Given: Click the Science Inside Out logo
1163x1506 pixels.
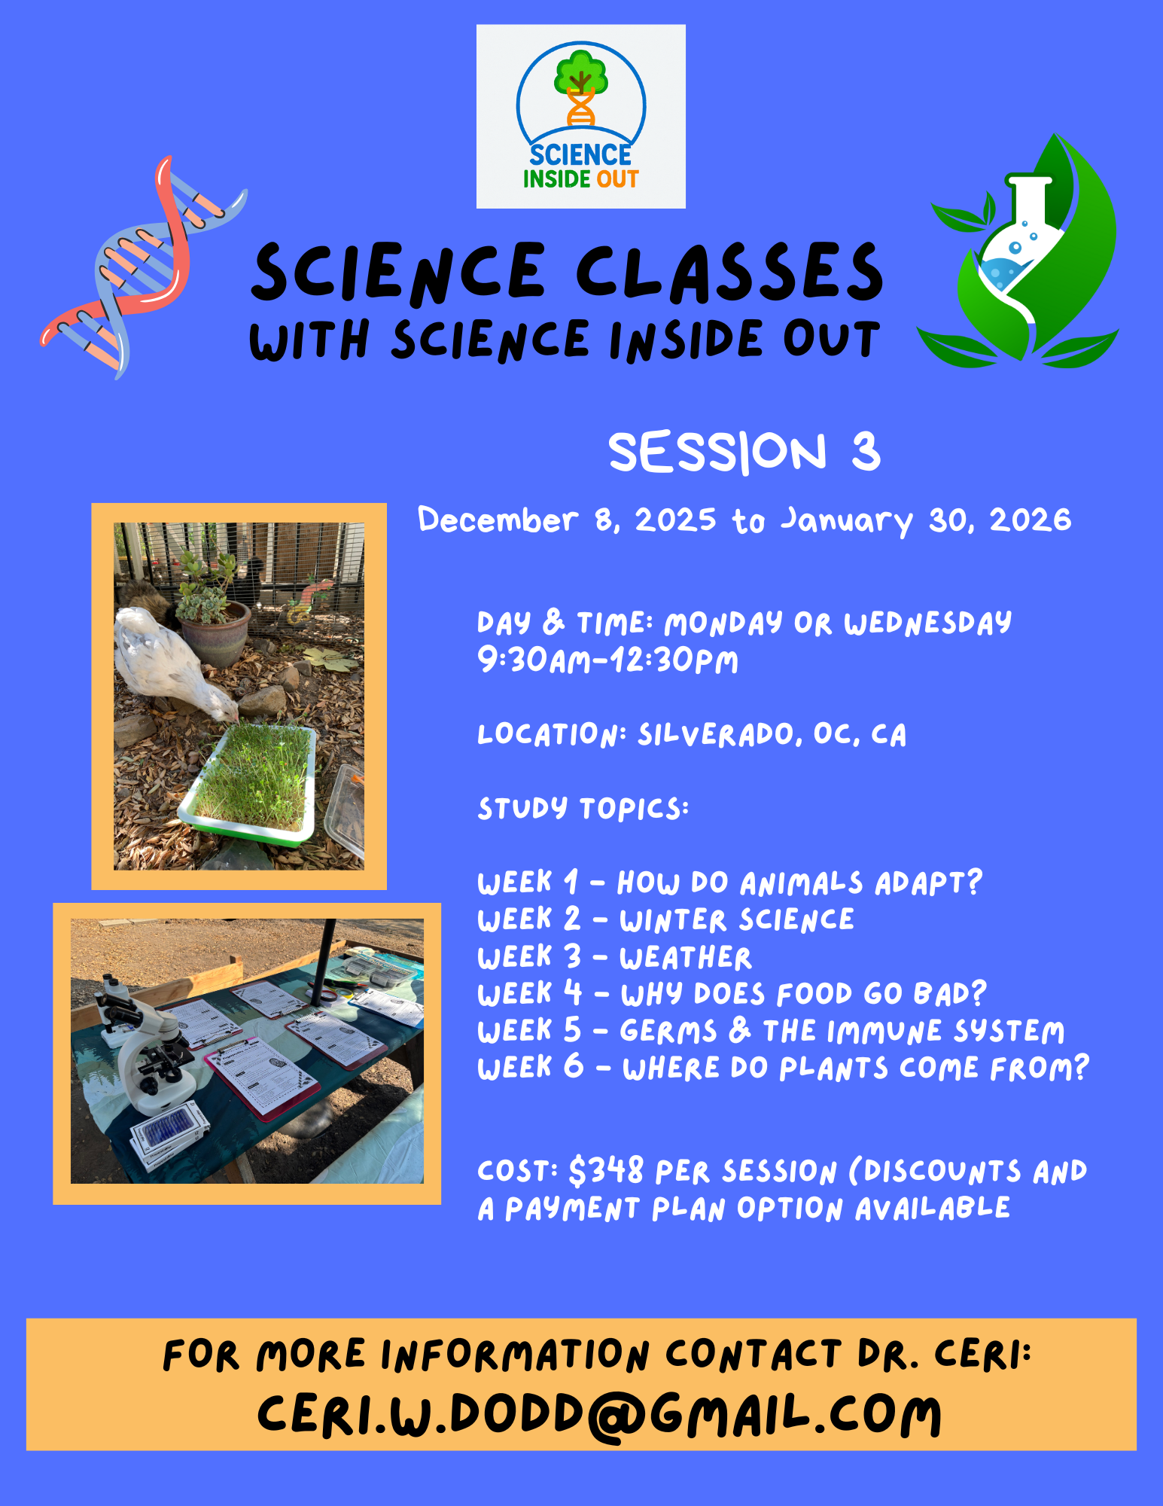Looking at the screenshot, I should (580, 117).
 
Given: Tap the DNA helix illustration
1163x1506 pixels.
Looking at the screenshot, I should (143, 267).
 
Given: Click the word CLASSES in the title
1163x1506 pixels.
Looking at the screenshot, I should (729, 273).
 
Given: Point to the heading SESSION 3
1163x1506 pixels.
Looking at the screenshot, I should (744, 452).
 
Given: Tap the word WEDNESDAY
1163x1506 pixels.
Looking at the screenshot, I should (927, 623).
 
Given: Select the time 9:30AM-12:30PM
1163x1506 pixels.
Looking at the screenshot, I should (607, 661).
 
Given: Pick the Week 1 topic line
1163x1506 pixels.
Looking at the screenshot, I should (729, 883).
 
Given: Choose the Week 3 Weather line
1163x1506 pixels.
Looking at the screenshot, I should (614, 957).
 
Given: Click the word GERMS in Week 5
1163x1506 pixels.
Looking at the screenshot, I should (668, 1031).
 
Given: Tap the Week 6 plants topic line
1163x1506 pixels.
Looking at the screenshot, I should (783, 1068).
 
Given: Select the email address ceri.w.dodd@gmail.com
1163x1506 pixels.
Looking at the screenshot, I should (598, 1415).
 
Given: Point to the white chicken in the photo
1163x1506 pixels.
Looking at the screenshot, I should (169, 663).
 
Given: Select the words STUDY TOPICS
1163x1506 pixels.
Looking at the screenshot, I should (583, 809).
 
